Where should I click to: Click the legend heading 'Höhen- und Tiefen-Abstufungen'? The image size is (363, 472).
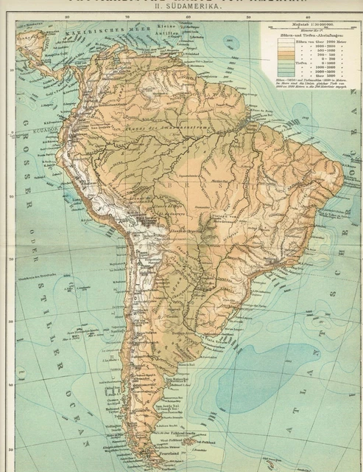(304, 39)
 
